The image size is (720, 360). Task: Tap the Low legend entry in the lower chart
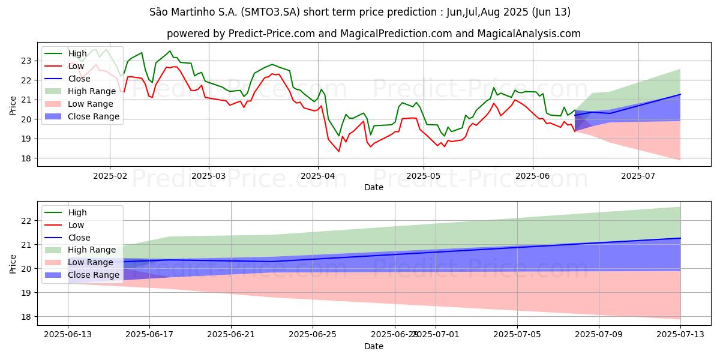point(76,225)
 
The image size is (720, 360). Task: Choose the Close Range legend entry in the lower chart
point(92,275)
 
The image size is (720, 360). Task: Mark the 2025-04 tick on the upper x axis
point(317,176)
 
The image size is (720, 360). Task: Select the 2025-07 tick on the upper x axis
point(638,176)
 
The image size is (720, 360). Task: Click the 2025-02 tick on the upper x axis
point(109,176)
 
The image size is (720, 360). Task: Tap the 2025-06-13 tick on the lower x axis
point(68,335)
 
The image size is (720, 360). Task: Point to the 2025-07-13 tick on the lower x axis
point(680,335)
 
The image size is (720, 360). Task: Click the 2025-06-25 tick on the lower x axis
point(313,335)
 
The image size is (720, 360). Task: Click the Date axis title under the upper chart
point(374,187)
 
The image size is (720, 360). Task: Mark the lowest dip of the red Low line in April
point(338,151)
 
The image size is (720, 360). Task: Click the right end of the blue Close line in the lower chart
point(680,238)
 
